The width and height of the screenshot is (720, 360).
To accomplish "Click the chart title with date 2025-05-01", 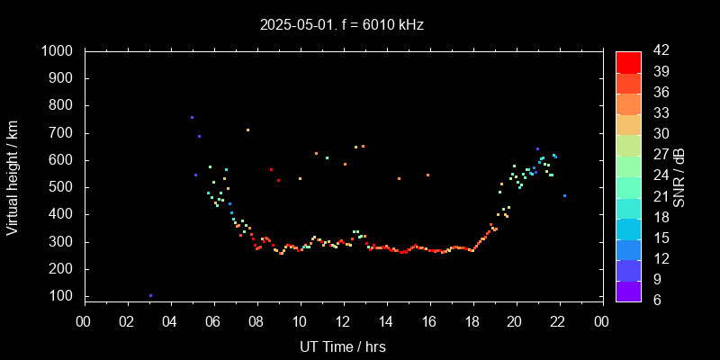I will (x=342, y=25).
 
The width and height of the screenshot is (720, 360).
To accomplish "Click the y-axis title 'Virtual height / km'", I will (x=13, y=176).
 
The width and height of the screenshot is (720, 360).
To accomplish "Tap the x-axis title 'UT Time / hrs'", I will (x=342, y=346).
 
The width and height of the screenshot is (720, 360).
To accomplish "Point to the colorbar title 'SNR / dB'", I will (x=679, y=176).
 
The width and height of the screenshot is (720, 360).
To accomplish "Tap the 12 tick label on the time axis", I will (x=343, y=321).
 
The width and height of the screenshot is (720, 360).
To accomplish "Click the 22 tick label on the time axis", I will (x=559, y=321).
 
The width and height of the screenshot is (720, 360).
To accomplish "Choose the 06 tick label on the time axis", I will (x=213, y=321).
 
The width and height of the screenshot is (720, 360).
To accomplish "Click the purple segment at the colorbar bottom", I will (x=628, y=291).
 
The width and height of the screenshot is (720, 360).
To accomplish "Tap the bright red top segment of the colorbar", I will (x=628, y=61).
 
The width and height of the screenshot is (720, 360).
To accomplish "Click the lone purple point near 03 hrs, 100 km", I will (x=150, y=295).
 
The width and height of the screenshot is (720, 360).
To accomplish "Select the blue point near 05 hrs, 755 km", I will (x=192, y=117).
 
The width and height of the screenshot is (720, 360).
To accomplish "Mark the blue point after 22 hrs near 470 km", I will (x=564, y=195).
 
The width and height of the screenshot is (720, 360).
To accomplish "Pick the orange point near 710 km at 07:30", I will (x=247, y=130).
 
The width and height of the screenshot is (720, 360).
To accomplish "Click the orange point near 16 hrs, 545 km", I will (x=427, y=175).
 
